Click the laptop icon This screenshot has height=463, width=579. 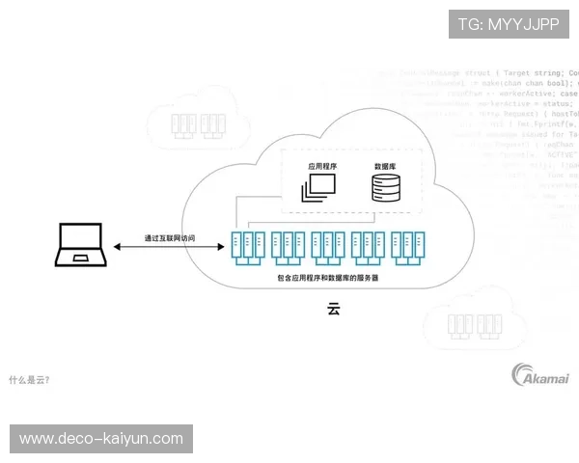[x=80, y=245]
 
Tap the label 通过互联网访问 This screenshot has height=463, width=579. [x=169, y=237]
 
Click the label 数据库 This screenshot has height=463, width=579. [x=386, y=166]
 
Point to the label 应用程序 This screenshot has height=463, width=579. [x=321, y=166]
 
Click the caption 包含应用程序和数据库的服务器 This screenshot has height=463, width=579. [x=328, y=278]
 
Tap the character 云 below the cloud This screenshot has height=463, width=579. [x=334, y=311]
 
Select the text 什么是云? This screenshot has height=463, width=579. [x=29, y=379]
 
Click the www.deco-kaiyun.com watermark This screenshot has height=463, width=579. [x=100, y=439]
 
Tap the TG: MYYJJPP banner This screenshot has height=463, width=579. [x=508, y=24]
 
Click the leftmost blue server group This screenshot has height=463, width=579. [x=248, y=247]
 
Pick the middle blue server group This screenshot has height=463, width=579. [x=328, y=247]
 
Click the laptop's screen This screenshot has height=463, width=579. [x=80, y=240]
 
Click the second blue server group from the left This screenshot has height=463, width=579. [x=288, y=247]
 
